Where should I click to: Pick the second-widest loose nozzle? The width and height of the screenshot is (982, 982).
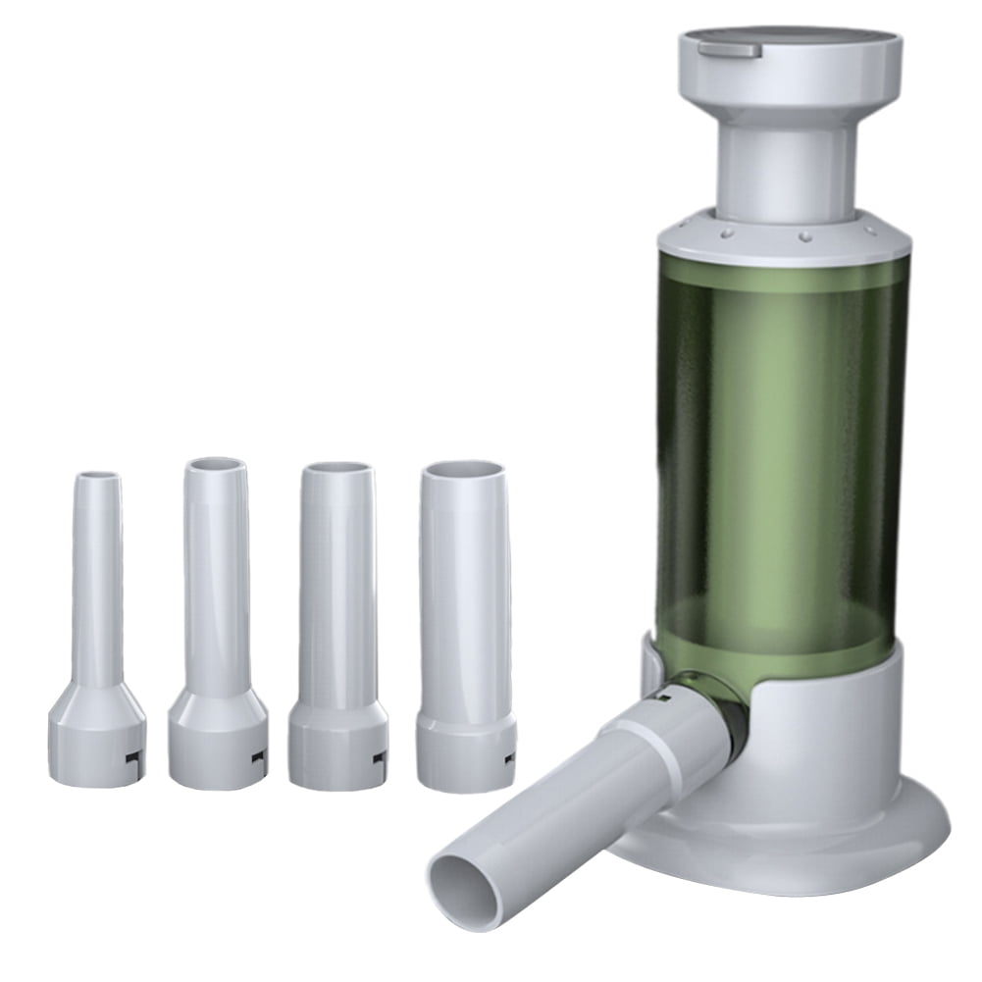[x=337, y=589]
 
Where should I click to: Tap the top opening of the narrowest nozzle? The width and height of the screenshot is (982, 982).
[x=98, y=477]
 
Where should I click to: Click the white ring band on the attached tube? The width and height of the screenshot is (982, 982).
[x=647, y=746]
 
